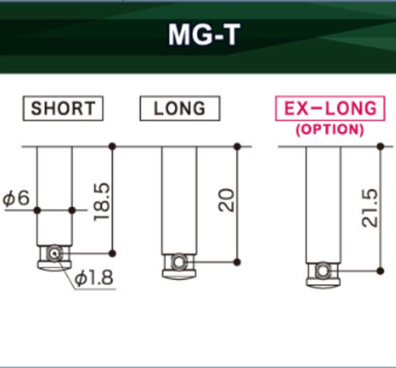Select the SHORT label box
point(63,108)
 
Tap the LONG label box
point(180,108)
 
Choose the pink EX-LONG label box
point(330,108)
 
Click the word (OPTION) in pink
point(330,129)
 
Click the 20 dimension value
point(226,200)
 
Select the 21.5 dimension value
point(370,208)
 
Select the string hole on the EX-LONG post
point(322,271)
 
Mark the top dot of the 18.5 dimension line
point(113,146)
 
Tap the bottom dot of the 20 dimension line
point(237,262)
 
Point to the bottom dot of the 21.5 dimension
point(381,271)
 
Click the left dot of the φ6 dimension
point(37,210)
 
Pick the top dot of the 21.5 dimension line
point(381,146)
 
